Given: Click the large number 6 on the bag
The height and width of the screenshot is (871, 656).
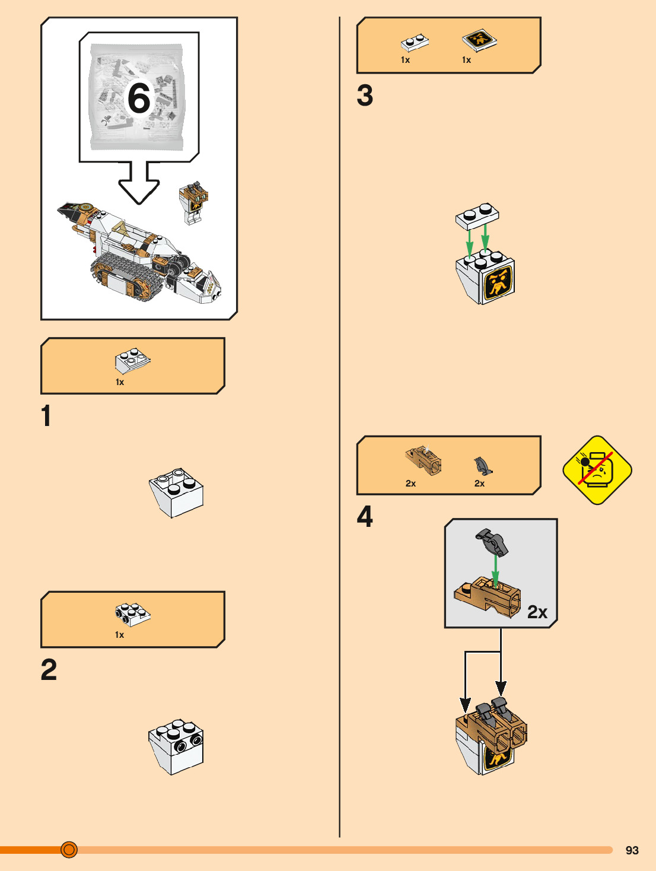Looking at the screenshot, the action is [x=139, y=98].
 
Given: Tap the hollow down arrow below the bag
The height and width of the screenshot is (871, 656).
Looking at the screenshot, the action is [x=139, y=183].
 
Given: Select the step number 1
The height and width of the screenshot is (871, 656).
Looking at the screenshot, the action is [x=46, y=416].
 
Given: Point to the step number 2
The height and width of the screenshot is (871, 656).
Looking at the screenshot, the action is [x=49, y=670].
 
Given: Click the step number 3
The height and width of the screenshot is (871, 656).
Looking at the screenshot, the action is [x=365, y=96].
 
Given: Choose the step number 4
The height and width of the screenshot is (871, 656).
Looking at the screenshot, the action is [x=365, y=517].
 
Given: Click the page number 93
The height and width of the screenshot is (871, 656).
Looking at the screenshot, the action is [x=632, y=850].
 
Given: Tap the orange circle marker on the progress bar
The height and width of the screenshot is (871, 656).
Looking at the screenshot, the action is [x=69, y=850].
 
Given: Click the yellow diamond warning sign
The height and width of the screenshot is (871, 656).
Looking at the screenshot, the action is [x=597, y=470].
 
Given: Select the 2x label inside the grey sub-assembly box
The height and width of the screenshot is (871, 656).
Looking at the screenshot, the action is [x=537, y=612].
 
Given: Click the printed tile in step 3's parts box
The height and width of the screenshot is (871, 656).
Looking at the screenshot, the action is [x=479, y=40].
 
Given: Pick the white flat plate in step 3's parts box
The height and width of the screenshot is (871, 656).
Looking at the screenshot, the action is [x=415, y=42].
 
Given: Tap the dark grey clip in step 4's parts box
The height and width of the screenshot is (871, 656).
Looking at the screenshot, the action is [x=483, y=466].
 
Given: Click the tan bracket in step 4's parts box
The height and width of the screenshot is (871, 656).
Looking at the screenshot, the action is [x=424, y=460].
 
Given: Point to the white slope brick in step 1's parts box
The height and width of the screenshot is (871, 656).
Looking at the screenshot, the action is [x=132, y=360].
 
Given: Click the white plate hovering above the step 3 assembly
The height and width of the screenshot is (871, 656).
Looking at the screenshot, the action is [x=477, y=215].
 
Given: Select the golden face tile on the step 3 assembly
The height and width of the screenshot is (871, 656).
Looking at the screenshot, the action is [x=499, y=282].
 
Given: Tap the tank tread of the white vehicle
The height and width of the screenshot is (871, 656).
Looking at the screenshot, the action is [x=128, y=276].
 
